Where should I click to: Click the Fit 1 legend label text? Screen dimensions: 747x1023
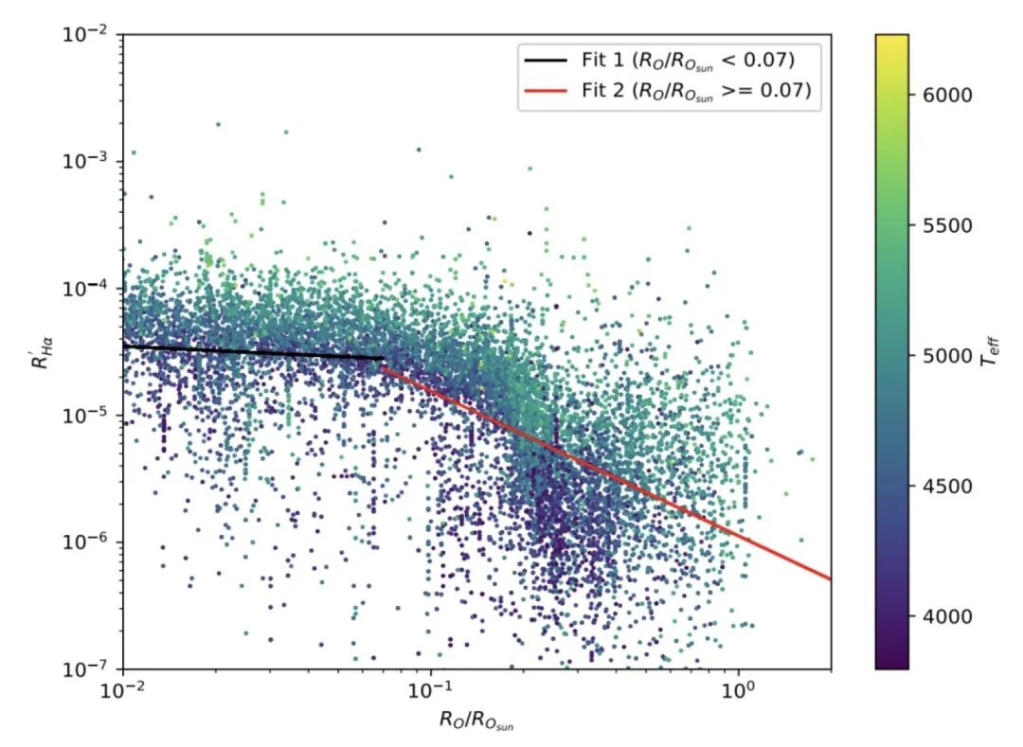coord(687,61)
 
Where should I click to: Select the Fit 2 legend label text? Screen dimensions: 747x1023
coord(695,91)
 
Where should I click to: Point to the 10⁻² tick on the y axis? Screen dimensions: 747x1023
coord(91,34)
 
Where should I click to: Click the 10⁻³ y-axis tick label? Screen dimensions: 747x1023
coord(91,161)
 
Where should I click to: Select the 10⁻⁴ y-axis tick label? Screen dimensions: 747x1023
coord(91,288)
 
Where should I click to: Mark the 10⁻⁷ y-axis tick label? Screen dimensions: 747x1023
coord(91,668)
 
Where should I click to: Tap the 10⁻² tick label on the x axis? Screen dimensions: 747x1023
coord(123,690)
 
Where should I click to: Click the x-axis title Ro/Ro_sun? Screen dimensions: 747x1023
coord(476,721)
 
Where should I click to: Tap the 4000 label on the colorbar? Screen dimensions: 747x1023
coord(941,616)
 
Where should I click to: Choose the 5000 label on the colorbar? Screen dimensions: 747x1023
coord(941,356)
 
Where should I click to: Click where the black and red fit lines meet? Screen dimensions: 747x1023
coord(383,361)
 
